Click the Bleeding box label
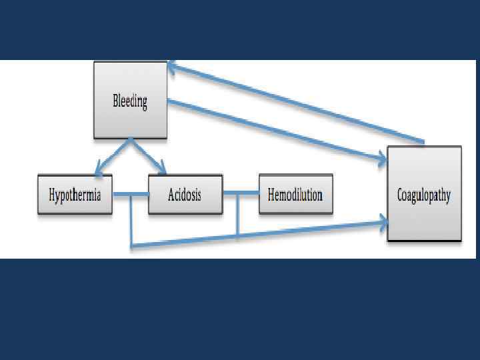(129, 101)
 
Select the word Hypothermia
(75, 195)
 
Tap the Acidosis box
(185, 195)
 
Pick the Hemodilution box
(295, 195)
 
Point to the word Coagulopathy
(424, 195)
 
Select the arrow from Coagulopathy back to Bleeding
(300, 103)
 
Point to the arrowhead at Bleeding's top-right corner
(172, 65)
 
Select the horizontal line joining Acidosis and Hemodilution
(241, 195)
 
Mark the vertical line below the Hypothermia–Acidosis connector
(131, 220)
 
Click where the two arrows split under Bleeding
(131, 140)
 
